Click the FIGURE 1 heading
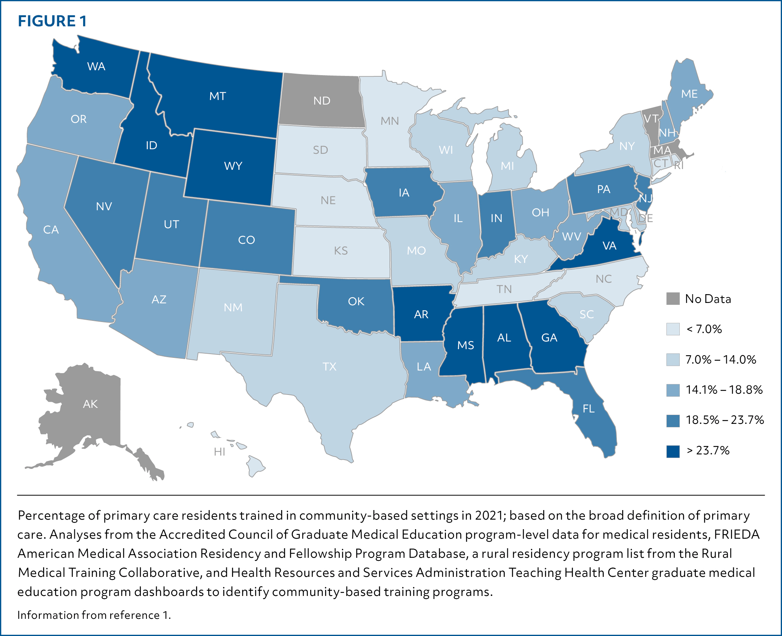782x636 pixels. pyautogui.click(x=52, y=21)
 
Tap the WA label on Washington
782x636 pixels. pyautogui.click(x=96, y=66)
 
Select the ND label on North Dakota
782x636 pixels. pyautogui.click(x=322, y=101)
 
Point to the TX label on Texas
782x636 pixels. pyautogui.click(x=330, y=367)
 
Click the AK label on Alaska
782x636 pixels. pyautogui.click(x=90, y=404)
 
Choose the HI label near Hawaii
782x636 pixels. pyautogui.click(x=220, y=452)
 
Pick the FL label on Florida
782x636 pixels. pyautogui.click(x=589, y=409)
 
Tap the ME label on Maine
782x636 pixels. pyautogui.click(x=689, y=94)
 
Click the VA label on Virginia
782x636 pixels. pyautogui.click(x=609, y=246)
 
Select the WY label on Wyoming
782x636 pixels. pyautogui.click(x=233, y=166)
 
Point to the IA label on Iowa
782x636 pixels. pyautogui.click(x=404, y=193)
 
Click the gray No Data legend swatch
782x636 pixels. pyautogui.click(x=673, y=299)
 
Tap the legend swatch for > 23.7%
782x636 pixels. pyautogui.click(x=673, y=451)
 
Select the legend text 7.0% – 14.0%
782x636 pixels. pyautogui.click(x=721, y=359)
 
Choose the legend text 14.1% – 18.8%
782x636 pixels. pyautogui.click(x=724, y=390)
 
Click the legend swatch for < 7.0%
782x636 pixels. pyautogui.click(x=673, y=329)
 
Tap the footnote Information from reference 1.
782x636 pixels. pyautogui.click(x=94, y=615)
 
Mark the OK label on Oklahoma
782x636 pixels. pyautogui.click(x=356, y=301)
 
